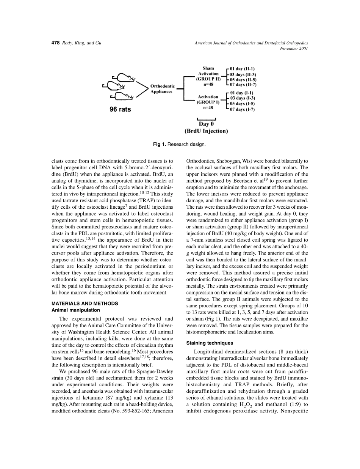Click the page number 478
55,43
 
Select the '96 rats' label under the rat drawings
120,109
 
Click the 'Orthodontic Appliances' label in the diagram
163,89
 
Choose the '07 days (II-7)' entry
243,85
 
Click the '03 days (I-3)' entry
242,98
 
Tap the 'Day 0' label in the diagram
206,124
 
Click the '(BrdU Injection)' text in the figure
206,131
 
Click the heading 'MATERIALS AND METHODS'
85,304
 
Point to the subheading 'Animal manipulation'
76,310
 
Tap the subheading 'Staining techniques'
209,343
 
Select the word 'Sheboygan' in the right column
229,161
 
